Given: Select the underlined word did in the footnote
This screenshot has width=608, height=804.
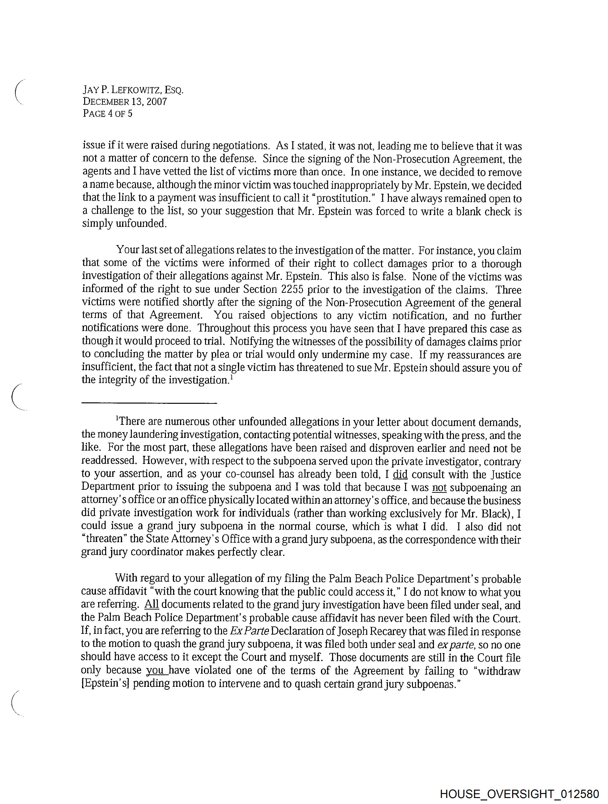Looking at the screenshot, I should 400,474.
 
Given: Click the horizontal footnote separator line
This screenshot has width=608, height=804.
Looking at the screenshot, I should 149,403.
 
